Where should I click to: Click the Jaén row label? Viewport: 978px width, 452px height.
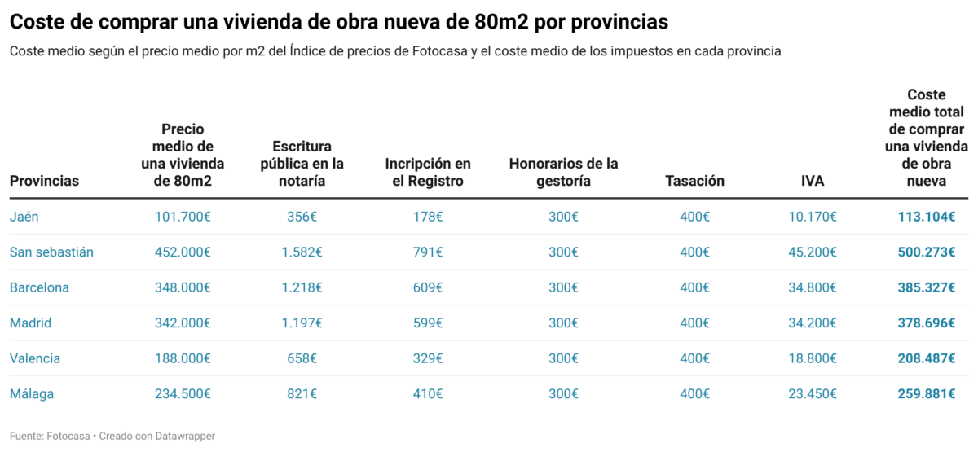(24, 217)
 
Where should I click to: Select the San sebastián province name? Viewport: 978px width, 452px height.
(51, 252)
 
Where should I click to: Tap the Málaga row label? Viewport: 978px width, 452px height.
(32, 394)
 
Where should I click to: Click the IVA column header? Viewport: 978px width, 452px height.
(812, 181)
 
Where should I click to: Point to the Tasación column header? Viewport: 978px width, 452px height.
(694, 181)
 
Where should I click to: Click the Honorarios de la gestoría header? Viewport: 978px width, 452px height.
(563, 172)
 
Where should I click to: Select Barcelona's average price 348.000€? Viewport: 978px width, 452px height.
(183, 287)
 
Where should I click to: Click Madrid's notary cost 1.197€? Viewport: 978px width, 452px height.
(302, 323)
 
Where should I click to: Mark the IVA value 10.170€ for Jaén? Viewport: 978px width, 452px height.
(812, 217)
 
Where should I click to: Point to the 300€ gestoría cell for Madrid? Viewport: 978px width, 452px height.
(563, 323)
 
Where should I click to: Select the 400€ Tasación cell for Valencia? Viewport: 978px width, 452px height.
(694, 358)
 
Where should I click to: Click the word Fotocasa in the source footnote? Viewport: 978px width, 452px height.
(68, 437)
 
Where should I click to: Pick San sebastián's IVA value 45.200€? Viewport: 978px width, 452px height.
(812, 252)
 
